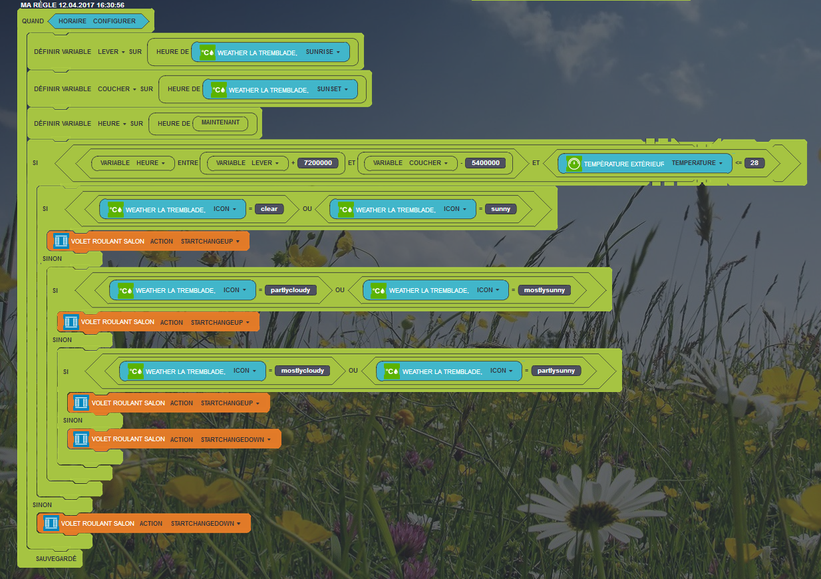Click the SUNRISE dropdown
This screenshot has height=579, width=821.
[x=323, y=52]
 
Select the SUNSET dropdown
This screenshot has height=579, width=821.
[x=333, y=89]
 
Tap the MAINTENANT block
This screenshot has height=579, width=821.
[x=220, y=122]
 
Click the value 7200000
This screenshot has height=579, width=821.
[x=318, y=163]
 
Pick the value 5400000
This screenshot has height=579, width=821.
[x=485, y=163]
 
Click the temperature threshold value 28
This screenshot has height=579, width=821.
[x=754, y=163]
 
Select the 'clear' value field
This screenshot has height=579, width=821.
[x=269, y=209]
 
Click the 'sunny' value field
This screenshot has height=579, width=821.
[x=500, y=209]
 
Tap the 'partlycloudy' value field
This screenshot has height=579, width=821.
[x=291, y=290]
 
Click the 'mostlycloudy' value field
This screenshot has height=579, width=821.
[x=302, y=371]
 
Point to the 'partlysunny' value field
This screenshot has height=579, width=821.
[x=556, y=371]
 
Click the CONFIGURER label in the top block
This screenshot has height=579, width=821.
[x=114, y=21]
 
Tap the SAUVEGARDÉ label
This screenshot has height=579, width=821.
[x=57, y=559]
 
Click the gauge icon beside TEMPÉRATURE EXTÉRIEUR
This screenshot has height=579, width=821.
[x=574, y=163]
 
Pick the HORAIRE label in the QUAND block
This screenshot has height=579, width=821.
[x=73, y=21]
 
